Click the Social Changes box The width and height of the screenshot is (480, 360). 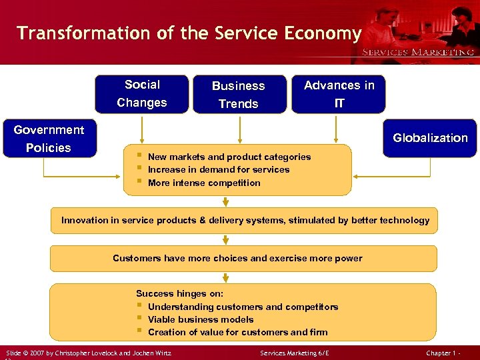141,94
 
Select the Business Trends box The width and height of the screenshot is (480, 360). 239,95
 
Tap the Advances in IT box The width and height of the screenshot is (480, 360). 339,94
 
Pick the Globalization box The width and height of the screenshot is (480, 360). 430,138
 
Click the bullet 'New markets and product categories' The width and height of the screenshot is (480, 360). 229,157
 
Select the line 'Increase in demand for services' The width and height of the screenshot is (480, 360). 218,169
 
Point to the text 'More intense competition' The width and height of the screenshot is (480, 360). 203,183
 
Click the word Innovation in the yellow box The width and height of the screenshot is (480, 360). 84,220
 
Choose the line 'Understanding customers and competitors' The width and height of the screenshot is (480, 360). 243,307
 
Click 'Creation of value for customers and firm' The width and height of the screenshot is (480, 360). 237,332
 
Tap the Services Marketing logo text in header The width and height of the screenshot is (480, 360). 418,52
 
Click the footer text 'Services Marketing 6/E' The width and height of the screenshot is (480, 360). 294,351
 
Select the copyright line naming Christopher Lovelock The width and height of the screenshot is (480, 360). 88,351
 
